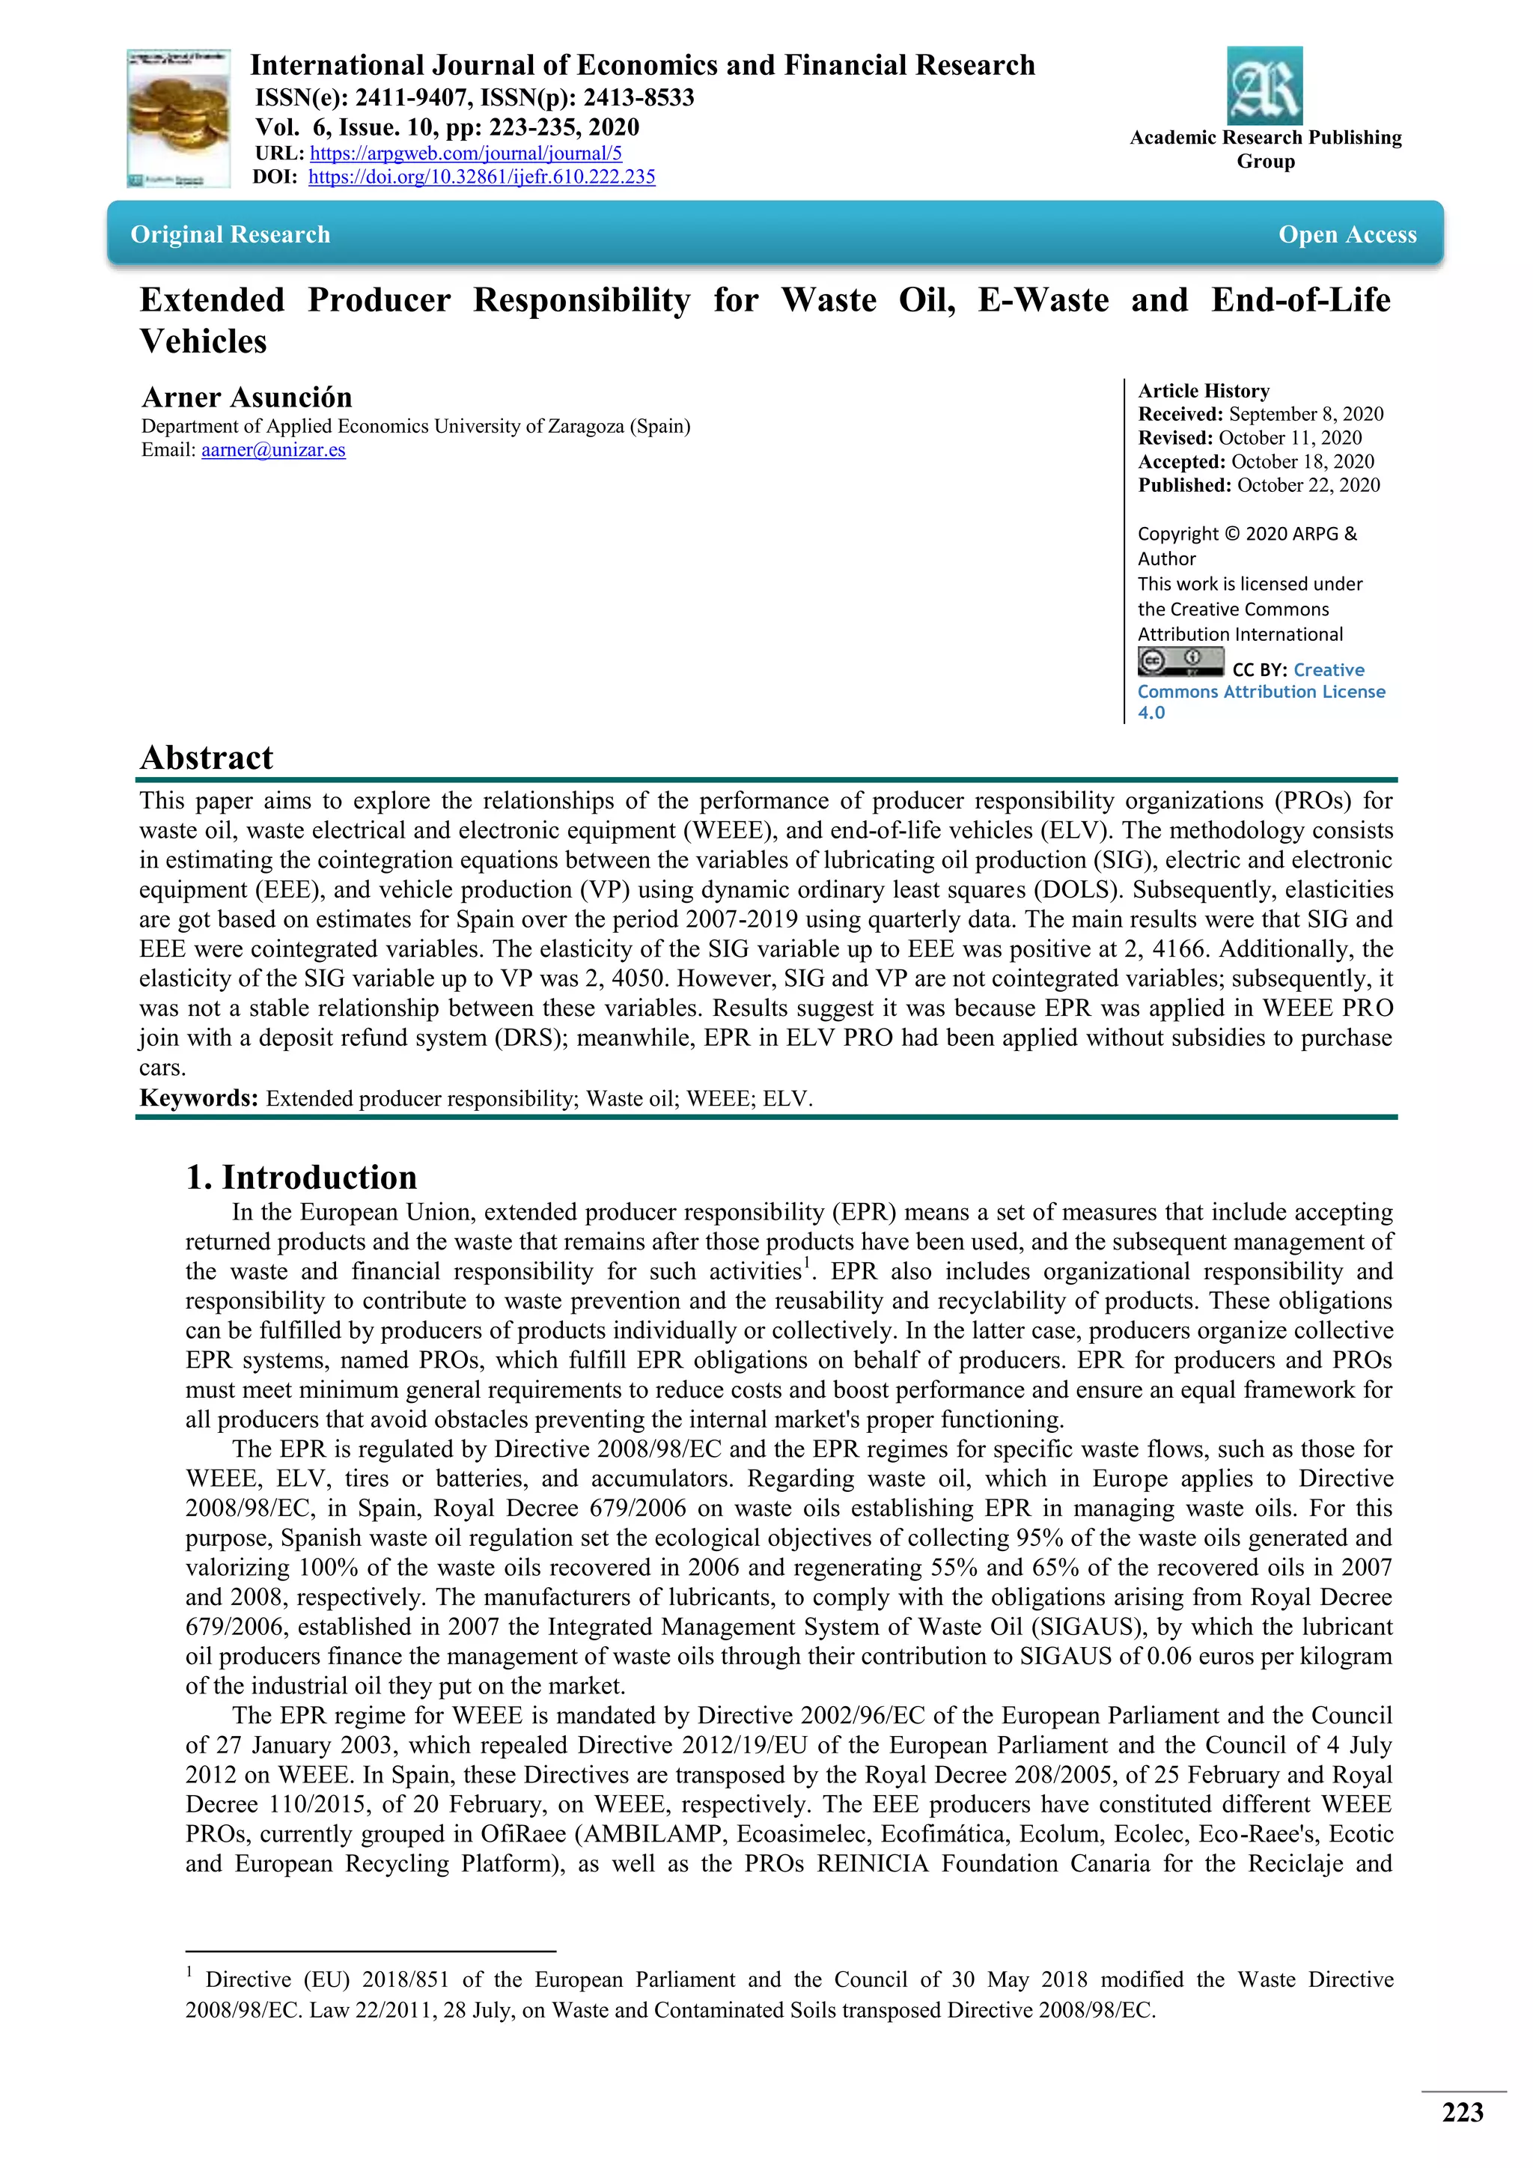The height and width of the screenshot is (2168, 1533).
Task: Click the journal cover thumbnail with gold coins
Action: tap(178, 118)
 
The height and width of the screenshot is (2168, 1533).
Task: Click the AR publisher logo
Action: tap(1264, 86)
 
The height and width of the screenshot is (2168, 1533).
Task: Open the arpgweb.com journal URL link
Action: tap(466, 153)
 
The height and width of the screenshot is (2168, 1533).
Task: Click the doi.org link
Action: tap(481, 177)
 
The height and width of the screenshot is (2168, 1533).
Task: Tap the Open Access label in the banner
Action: tap(1347, 234)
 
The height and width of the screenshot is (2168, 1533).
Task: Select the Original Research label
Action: tap(231, 234)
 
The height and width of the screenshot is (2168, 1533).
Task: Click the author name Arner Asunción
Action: tap(246, 397)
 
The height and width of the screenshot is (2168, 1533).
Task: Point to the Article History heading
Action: tap(1204, 390)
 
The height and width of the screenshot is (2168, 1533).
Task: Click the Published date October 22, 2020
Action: tap(1308, 484)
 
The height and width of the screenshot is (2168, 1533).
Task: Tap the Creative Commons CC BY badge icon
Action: tap(1180, 661)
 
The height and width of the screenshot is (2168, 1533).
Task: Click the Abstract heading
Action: tap(206, 758)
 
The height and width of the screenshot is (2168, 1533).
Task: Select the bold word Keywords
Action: tap(198, 1097)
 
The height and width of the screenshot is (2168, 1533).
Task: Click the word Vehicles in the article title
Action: tap(203, 341)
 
